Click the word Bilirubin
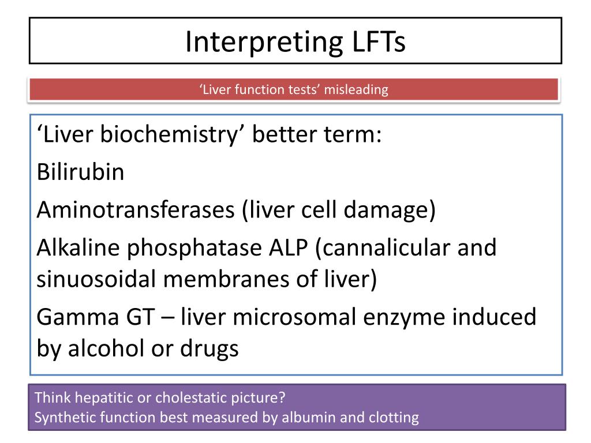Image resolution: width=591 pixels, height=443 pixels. [80, 172]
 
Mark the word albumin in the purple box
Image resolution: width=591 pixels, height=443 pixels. [307, 418]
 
